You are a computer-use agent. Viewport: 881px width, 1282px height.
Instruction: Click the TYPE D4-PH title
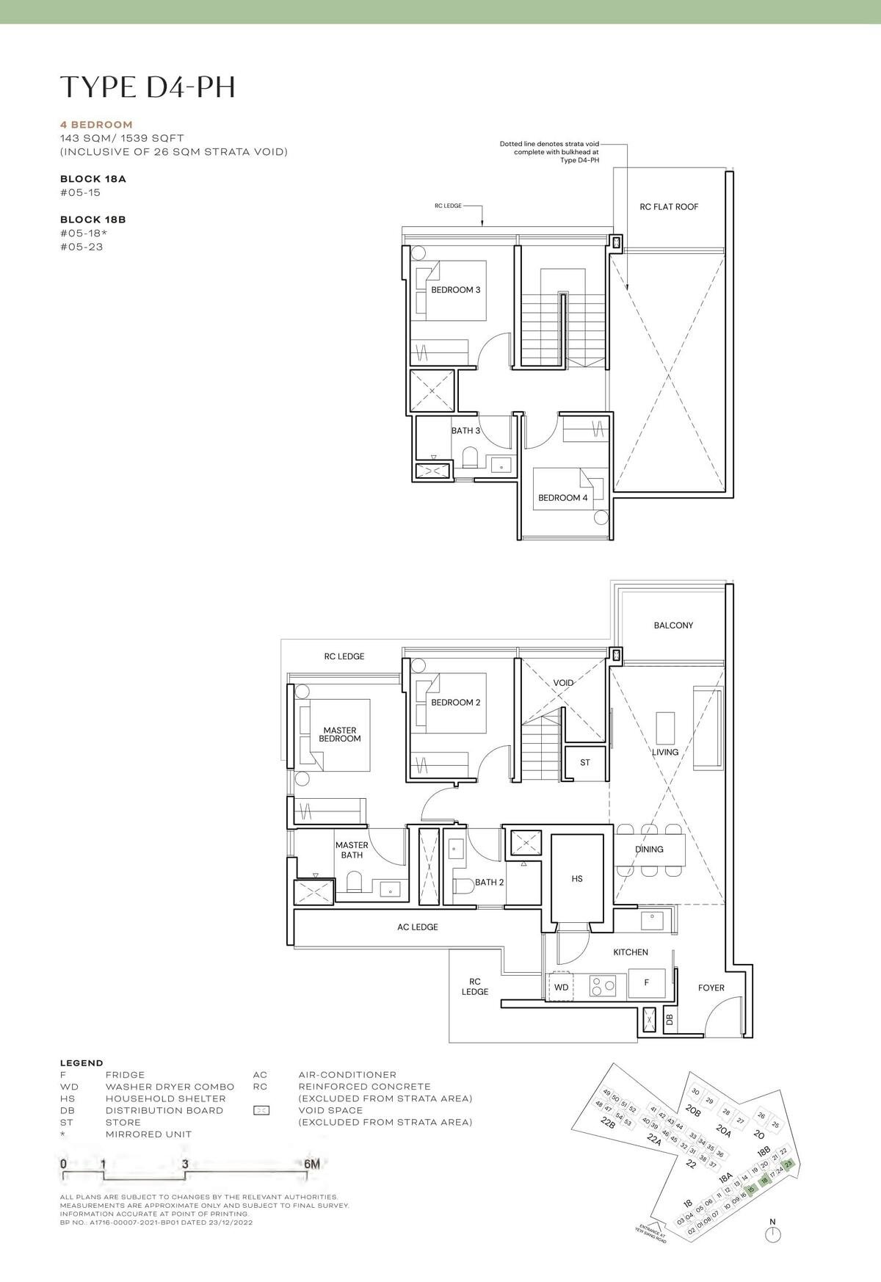click(148, 87)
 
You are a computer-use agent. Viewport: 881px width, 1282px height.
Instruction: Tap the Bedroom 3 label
click(455, 290)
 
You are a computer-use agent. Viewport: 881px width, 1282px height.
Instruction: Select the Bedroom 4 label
click(562, 498)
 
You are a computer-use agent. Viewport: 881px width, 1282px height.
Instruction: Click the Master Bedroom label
click(340, 734)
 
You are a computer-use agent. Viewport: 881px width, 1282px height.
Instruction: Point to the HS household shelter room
click(577, 878)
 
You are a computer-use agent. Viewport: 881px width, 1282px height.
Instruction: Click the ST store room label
click(585, 763)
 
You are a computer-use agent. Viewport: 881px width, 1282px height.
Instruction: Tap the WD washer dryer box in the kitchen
click(562, 987)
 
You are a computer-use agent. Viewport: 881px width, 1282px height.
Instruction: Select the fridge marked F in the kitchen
click(646, 982)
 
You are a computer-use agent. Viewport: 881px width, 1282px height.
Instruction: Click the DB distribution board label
click(669, 1019)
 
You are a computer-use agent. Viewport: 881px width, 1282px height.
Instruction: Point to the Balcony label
click(673, 626)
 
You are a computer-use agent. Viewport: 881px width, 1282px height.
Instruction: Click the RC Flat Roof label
click(669, 207)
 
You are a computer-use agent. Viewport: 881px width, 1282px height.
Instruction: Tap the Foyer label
click(711, 988)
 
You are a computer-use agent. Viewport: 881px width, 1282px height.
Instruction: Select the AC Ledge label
click(417, 927)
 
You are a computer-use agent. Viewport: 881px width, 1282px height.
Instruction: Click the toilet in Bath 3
click(468, 460)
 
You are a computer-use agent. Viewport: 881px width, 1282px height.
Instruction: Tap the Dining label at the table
click(649, 850)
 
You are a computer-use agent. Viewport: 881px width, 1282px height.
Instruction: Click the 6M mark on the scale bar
click(311, 1164)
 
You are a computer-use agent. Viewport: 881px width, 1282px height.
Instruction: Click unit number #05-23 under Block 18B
click(81, 247)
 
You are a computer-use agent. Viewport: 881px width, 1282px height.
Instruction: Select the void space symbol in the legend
click(261, 1110)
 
